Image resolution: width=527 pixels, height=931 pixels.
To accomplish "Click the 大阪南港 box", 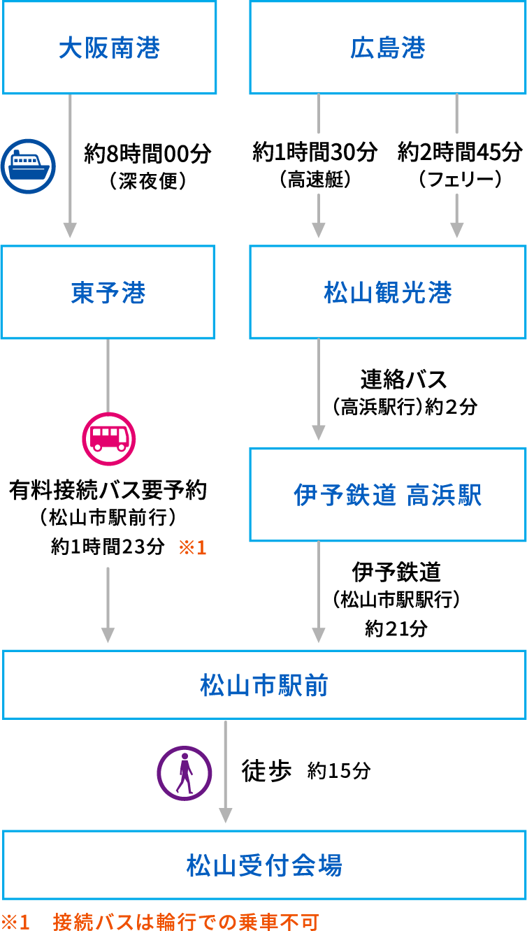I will [109, 48].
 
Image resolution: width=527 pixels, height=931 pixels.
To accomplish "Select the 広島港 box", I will [387, 48].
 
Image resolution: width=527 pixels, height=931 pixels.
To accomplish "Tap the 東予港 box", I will [108, 292].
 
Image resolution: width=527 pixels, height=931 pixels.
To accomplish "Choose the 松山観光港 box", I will [387, 292].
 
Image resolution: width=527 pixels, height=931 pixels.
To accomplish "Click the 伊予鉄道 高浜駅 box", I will [387, 495].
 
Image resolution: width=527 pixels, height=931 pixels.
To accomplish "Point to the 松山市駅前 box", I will [263, 685].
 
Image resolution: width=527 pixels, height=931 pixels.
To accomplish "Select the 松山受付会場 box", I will [263, 865].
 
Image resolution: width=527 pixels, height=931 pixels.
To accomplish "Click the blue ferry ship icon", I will [28, 166].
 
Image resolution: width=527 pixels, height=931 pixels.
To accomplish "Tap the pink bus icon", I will [108, 438].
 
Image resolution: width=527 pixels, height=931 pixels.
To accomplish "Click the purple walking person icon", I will [184, 773].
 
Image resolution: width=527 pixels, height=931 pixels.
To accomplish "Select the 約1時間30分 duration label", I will [315, 151].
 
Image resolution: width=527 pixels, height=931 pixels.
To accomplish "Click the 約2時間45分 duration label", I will [460, 151].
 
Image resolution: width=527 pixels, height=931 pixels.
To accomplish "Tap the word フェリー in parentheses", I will [460, 180].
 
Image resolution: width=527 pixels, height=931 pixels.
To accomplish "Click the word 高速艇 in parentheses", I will [315, 180].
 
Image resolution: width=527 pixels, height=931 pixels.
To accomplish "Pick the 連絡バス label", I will [403, 380].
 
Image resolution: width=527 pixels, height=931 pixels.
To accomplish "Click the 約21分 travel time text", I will [396, 628].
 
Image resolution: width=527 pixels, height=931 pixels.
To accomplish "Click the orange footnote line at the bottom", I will [161, 921].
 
